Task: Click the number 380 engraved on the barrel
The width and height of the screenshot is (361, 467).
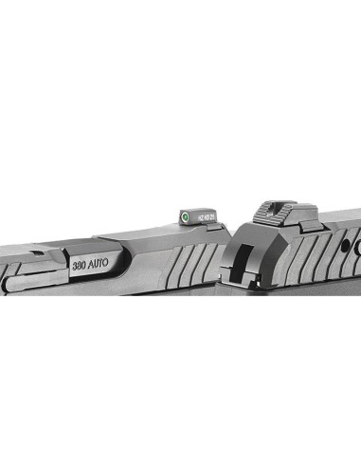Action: click(80, 265)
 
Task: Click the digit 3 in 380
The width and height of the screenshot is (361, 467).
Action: click(75, 265)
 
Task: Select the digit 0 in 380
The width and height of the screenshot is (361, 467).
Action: click(84, 265)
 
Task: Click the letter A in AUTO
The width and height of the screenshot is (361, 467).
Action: click(91, 264)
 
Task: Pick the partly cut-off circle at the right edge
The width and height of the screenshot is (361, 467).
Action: click(357, 243)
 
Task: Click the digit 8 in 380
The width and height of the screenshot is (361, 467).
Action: click(80, 265)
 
